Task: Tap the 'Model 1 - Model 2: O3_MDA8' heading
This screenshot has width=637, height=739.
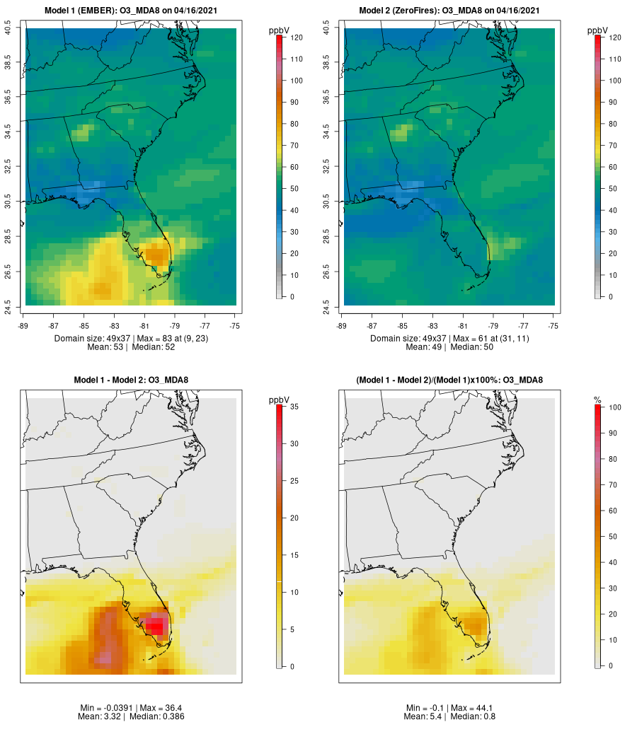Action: tap(131, 380)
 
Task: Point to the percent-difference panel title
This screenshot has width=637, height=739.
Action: tap(449, 380)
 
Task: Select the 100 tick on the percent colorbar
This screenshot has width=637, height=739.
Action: tap(614, 407)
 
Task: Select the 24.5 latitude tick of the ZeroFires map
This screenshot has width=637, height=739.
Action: tap(327, 306)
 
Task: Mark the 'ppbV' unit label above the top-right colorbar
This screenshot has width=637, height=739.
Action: tap(598, 30)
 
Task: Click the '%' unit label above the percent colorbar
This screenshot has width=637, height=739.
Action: tap(598, 400)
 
